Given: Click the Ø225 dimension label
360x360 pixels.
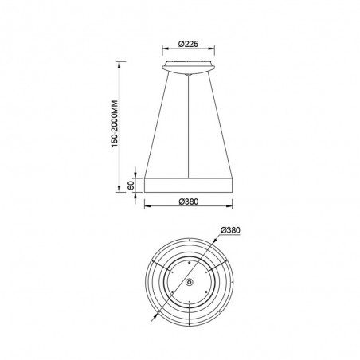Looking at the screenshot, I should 187,45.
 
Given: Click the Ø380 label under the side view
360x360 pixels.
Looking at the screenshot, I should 189,202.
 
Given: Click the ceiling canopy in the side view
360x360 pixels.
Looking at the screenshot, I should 188,65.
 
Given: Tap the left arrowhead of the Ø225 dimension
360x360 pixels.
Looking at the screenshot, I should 163,53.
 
